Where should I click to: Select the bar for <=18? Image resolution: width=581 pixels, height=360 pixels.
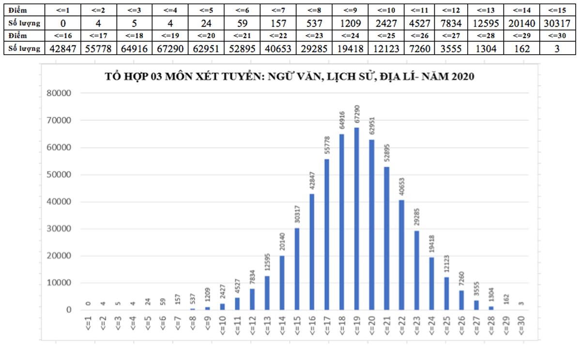point(342,222)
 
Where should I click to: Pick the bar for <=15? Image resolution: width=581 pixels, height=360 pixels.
point(297,269)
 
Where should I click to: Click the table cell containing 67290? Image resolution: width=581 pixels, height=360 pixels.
point(168,48)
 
